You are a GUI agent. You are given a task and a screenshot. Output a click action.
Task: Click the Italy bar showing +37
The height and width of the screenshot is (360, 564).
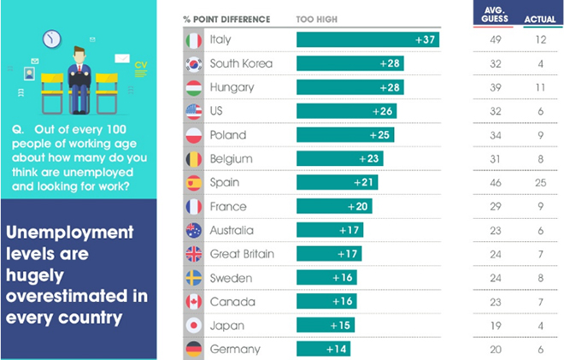click(367, 39)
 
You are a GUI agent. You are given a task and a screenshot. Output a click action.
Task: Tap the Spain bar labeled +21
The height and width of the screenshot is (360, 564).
click(337, 182)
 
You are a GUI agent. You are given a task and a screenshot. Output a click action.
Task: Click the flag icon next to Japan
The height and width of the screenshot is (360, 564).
click(193, 325)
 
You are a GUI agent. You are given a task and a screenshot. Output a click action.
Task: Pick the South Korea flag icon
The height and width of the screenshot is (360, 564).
click(193, 63)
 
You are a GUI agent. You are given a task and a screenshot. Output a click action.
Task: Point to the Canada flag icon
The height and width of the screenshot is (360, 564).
click(193, 301)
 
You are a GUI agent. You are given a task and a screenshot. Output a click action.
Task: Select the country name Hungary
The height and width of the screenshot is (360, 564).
click(229, 87)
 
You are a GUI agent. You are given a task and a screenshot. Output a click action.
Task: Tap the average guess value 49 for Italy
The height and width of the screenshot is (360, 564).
click(495, 39)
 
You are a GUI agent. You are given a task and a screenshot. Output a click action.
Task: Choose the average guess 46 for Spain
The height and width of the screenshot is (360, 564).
click(495, 182)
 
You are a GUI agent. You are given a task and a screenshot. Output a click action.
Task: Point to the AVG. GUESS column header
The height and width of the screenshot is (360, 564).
click(495, 15)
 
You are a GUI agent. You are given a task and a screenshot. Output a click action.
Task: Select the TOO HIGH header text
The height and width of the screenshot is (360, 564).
click(316, 19)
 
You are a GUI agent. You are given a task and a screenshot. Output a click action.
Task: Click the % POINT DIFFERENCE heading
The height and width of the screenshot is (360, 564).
click(226, 19)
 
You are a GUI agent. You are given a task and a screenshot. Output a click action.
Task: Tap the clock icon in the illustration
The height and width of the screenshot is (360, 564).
click(52, 38)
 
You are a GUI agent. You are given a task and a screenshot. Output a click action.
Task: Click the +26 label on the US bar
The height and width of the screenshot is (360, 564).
click(382, 111)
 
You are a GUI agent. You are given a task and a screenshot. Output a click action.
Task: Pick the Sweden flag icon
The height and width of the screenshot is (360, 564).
click(193, 277)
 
